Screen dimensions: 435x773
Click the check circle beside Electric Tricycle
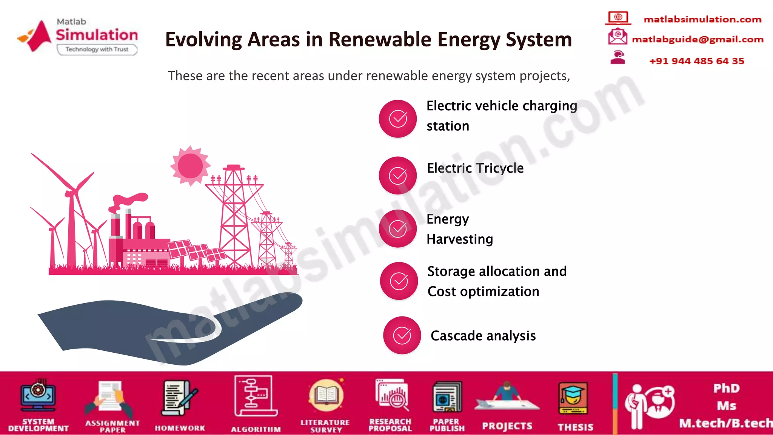pos(398,176)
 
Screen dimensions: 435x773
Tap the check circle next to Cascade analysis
pos(402,335)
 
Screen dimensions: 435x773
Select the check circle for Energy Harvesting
pos(398,228)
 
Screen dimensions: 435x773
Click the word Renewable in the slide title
pos(380,40)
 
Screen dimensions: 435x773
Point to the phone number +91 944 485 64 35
pos(696,61)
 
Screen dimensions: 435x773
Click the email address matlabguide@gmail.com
pos(698,39)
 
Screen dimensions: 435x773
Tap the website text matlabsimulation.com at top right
pos(702,19)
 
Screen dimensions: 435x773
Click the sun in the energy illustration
pos(190,166)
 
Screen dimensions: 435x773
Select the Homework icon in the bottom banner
pos(179,398)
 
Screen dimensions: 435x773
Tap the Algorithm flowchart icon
pos(256,396)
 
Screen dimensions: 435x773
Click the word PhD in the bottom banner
pos(726,388)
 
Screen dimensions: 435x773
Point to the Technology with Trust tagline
pos(97,49)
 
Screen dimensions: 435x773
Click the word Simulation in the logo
pos(97,35)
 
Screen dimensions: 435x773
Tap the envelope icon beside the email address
pos(617,37)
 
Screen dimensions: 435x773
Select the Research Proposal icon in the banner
pos(391,395)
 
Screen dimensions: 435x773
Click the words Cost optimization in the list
pos(483,292)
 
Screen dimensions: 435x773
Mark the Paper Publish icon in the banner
pos(447,397)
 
